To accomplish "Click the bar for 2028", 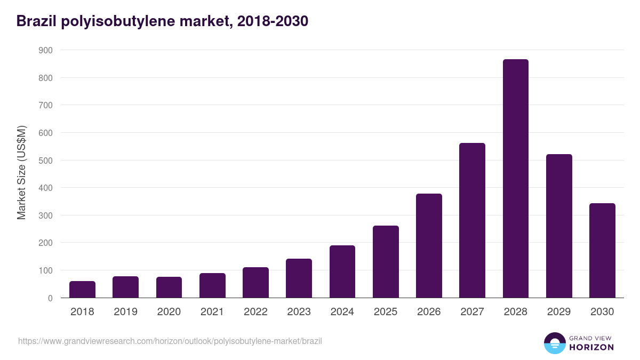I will (x=515, y=179).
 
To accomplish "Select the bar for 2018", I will (x=82, y=290).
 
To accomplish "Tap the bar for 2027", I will (x=472, y=220).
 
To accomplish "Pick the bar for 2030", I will (x=602, y=251).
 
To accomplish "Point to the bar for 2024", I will (x=342, y=271).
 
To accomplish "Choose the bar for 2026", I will (x=429, y=246).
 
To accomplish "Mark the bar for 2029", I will (x=559, y=226).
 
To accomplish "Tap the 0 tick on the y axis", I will (x=50, y=298).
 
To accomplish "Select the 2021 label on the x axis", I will (x=212, y=312).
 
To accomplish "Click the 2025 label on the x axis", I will (x=385, y=312).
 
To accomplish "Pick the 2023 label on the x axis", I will (x=299, y=312).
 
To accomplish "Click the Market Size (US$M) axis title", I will (x=21, y=172).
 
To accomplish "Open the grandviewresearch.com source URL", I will (x=170, y=341).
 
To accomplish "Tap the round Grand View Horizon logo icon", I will (x=554, y=343).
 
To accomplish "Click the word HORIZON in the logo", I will (x=591, y=347).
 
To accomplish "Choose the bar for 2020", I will (x=169, y=287).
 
